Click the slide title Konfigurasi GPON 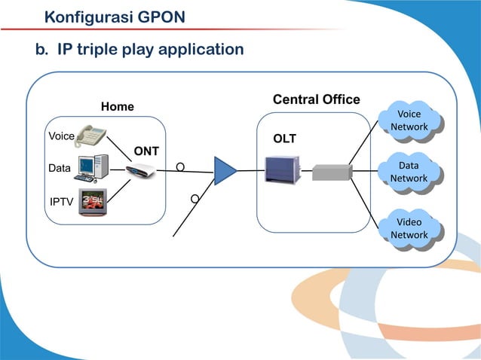(115, 16)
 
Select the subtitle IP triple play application (140, 50)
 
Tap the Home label (118, 107)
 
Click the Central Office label (316, 100)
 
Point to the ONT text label (146, 151)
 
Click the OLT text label (284, 139)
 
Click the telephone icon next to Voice (91, 136)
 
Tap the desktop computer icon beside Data (93, 169)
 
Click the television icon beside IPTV (93, 202)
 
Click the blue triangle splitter (224, 170)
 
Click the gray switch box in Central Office (332, 172)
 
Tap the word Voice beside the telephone (61, 136)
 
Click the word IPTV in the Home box (61, 202)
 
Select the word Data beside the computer (59, 169)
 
